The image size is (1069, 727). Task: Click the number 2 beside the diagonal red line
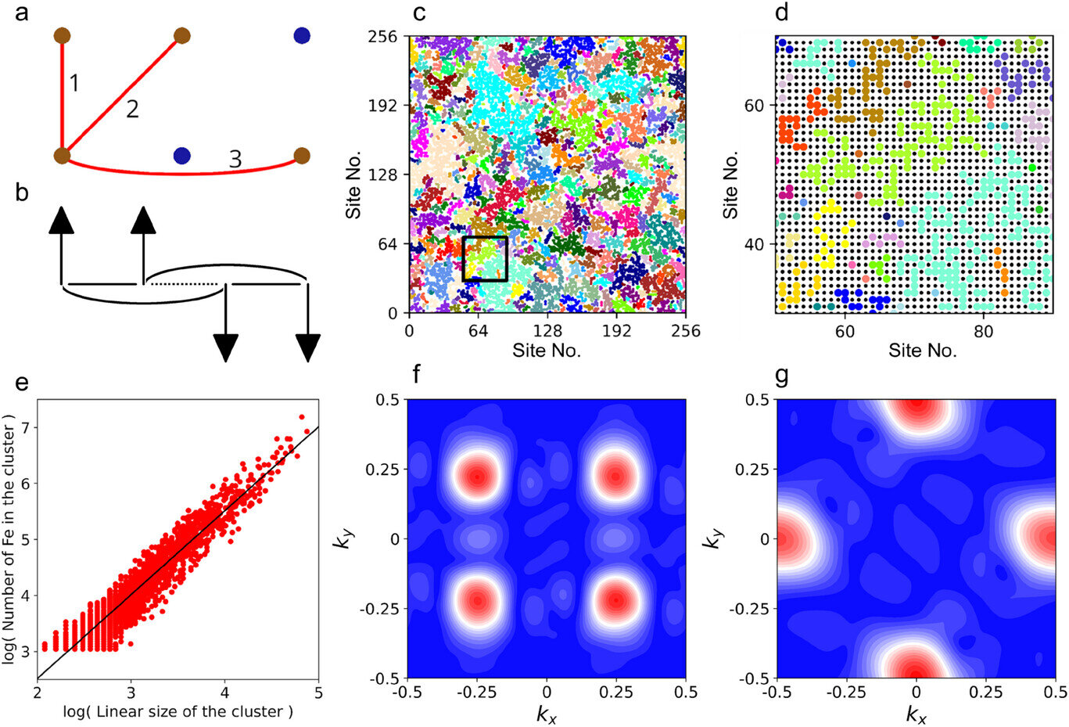pyautogui.click(x=132, y=109)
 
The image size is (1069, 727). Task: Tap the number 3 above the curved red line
pyautogui.click(x=235, y=160)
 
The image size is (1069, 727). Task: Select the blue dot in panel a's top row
pyautogui.click(x=302, y=35)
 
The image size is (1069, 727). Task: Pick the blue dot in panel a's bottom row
pyautogui.click(x=182, y=156)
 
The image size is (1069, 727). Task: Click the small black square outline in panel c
pyautogui.click(x=485, y=258)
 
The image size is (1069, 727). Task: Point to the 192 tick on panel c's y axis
pyautogui.click(x=383, y=106)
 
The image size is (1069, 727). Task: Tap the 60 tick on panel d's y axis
pyautogui.click(x=754, y=105)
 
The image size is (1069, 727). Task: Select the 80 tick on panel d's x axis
pyautogui.click(x=983, y=331)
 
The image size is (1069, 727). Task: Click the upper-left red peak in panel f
pyautogui.click(x=477, y=476)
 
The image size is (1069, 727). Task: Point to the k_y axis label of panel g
pyautogui.click(x=712, y=538)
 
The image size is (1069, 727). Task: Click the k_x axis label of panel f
pyautogui.click(x=547, y=713)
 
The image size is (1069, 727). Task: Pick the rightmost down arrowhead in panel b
pyautogui.click(x=308, y=347)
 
